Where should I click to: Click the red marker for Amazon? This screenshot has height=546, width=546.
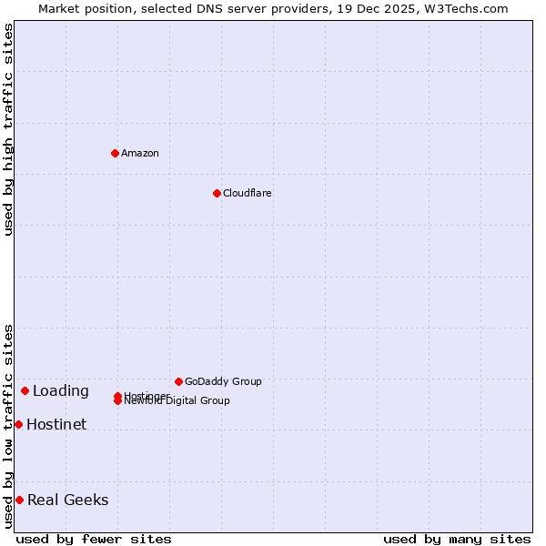point(115,153)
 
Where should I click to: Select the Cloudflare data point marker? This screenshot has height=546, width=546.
point(217,193)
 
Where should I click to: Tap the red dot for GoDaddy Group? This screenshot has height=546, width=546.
point(178,381)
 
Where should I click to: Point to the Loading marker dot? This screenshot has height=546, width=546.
point(25,390)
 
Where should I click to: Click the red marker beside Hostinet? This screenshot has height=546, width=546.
point(18,424)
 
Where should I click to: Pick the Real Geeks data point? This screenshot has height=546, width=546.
point(19,500)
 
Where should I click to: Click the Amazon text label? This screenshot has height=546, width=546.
point(139,153)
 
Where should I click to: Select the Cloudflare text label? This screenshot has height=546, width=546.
point(247,193)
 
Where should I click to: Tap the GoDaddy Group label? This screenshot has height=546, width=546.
point(223,381)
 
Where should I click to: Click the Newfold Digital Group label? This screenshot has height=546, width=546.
point(177,401)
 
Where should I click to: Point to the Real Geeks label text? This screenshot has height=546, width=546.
point(67,500)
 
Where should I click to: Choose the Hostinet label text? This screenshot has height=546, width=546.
point(56,424)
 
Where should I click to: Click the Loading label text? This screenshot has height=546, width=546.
point(61,391)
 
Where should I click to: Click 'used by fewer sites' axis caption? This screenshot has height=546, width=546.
point(94,539)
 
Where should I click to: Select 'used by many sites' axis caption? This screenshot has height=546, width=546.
point(457,539)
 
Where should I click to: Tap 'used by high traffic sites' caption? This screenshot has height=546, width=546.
point(8,129)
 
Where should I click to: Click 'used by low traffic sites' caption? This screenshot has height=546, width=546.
point(8,426)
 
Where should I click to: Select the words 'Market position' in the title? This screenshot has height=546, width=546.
point(80,8)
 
